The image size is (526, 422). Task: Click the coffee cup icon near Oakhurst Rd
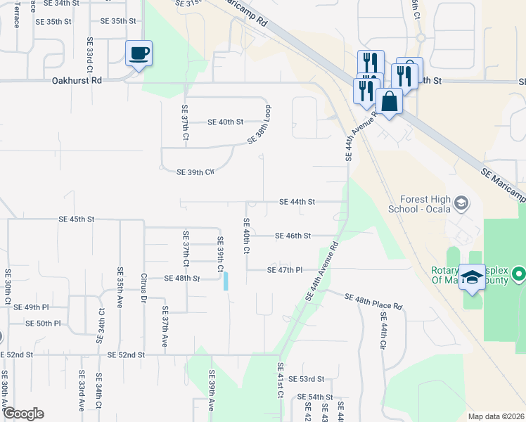pos(139,53)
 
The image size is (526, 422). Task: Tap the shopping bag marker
pos(389,101)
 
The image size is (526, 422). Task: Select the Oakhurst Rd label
pos(77,81)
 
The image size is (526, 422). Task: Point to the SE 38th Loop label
pos(259,126)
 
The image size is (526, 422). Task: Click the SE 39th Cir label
pos(195,172)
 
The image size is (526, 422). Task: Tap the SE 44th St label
pos(297,202)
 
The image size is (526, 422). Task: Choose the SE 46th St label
pos(293,236)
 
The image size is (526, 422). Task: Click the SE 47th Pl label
pos(284,270)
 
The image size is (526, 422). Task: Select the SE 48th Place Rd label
pos(373,302)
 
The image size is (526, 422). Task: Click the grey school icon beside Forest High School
pos(461,204)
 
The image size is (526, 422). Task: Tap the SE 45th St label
pos(77,219)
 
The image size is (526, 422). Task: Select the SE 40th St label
pos(225,122)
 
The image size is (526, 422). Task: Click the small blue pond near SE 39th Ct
pos(226,281)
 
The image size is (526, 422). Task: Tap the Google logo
pos(23,414)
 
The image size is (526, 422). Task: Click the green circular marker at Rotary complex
pos(519,273)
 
